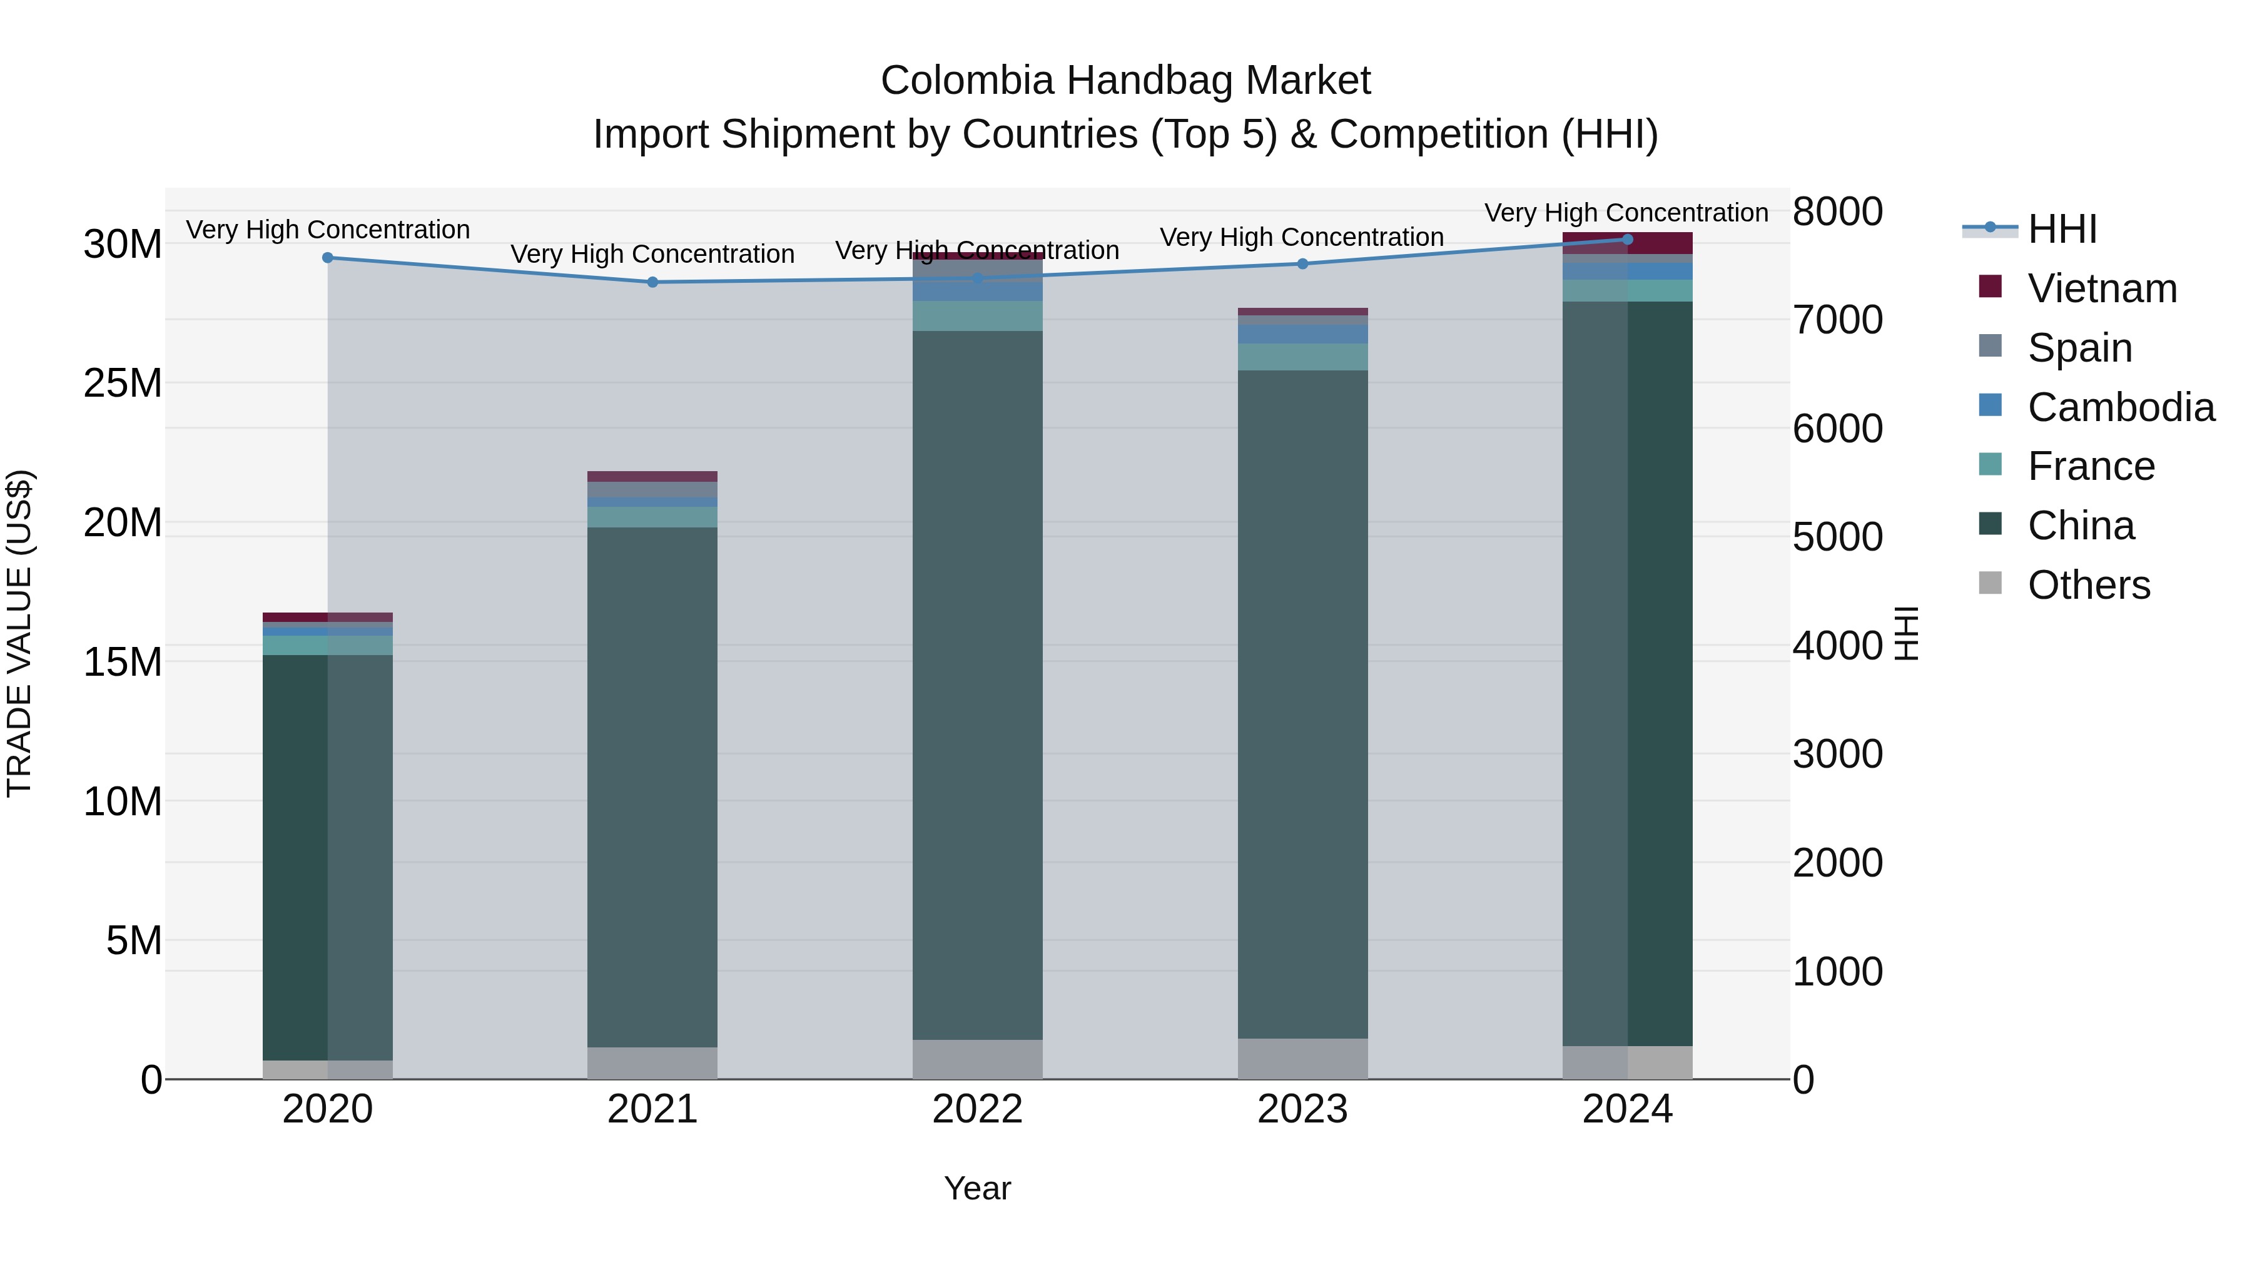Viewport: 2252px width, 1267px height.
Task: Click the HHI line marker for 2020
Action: tap(328, 258)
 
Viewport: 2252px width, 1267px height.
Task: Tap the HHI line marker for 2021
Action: tap(652, 282)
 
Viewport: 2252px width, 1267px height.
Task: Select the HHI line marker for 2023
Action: tap(1302, 264)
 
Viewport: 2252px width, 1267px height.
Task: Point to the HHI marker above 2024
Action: tap(1628, 240)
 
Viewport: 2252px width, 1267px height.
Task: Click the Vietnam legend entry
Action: tap(2102, 288)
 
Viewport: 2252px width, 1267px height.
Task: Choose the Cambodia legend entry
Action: tap(2120, 407)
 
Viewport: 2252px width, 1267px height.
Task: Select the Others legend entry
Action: tap(2089, 585)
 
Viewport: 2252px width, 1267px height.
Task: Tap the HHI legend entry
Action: tap(2061, 229)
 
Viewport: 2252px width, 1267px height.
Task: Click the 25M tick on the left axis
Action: tap(123, 383)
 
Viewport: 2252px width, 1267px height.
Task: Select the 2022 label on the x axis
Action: tap(977, 1109)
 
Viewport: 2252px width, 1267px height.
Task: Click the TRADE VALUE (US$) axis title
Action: tap(19, 634)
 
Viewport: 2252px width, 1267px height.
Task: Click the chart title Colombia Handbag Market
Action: tap(1125, 81)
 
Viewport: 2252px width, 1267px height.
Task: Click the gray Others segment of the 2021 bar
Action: tap(652, 1063)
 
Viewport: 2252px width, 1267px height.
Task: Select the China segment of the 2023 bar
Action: tap(1302, 700)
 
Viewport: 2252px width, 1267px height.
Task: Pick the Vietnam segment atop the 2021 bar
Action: tap(652, 477)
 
